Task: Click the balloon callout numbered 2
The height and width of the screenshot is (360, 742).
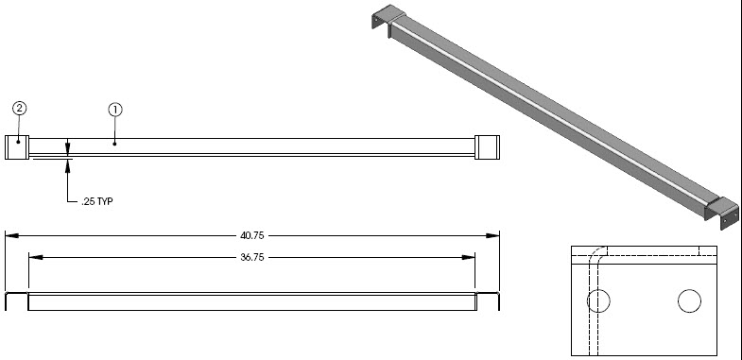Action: click(20, 109)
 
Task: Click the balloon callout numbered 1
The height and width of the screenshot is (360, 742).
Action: click(115, 111)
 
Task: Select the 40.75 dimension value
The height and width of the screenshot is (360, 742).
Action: click(252, 235)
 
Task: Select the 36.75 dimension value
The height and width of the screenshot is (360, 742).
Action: click(252, 257)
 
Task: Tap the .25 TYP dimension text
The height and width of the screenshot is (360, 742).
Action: click(97, 201)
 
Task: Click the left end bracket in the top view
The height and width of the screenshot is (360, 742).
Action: click(17, 147)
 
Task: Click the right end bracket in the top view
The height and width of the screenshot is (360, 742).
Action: click(487, 147)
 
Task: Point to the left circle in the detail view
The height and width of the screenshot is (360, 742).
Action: click(598, 300)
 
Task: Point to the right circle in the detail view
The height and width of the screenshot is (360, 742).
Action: click(689, 300)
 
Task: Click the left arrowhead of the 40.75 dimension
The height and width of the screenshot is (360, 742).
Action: click(12, 235)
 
